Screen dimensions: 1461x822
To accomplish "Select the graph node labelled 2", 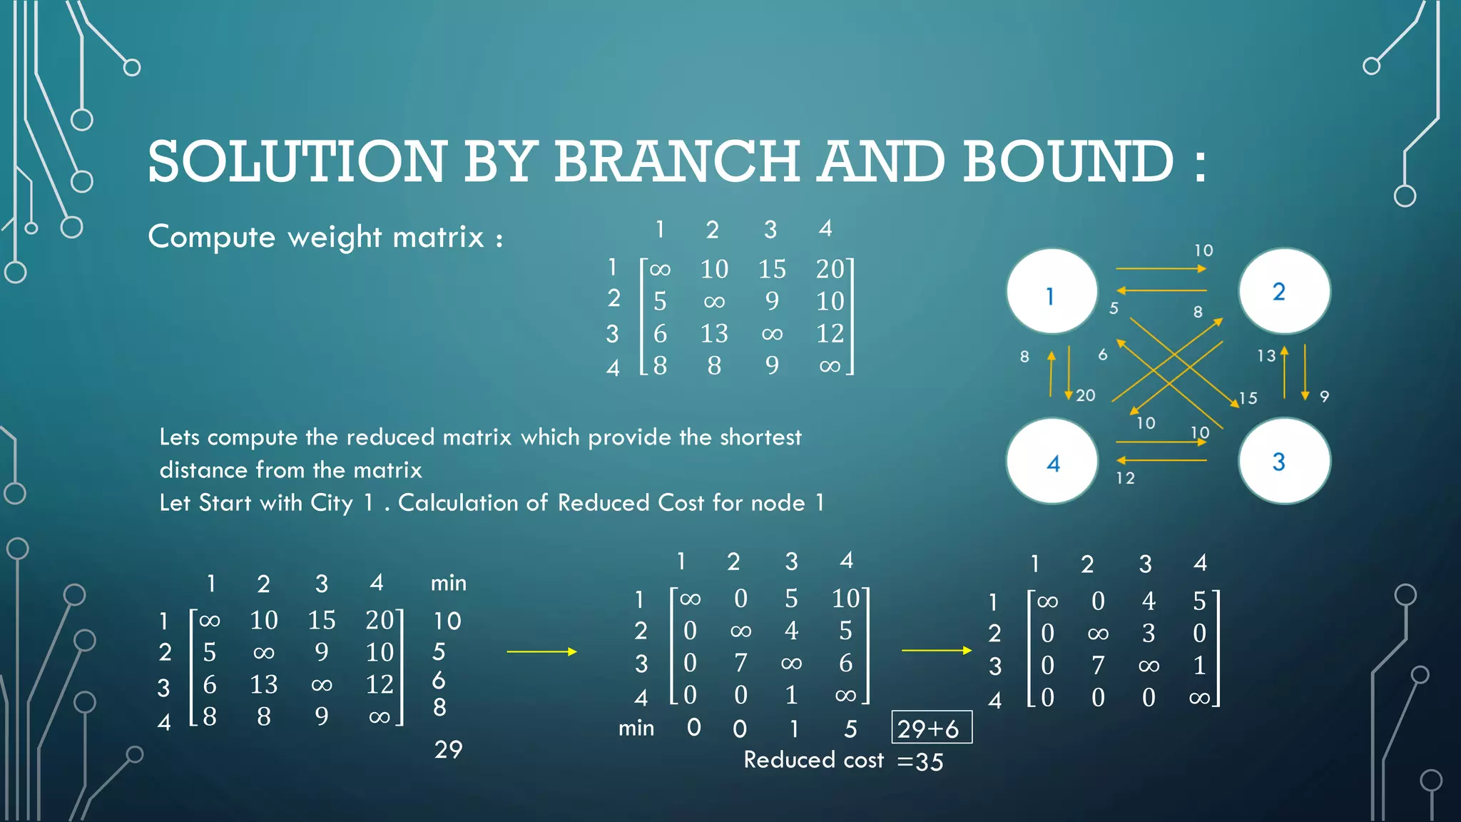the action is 1283,291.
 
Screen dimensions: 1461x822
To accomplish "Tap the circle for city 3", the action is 1283,461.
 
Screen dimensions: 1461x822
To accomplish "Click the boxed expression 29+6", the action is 931,728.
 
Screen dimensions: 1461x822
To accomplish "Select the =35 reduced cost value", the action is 920,762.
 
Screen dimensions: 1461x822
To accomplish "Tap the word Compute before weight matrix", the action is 211,237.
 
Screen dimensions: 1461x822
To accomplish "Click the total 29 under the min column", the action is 448,749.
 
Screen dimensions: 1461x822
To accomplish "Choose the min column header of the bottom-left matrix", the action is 448,584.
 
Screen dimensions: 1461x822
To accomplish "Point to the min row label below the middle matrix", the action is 636,729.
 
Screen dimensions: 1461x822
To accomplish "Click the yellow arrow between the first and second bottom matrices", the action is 541,651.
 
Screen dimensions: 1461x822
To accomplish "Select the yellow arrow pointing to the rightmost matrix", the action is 936,650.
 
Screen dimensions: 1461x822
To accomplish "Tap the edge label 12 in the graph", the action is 1125,478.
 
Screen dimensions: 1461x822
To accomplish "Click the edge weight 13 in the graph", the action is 1266,355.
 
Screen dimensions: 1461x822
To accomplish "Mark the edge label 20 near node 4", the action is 1085,395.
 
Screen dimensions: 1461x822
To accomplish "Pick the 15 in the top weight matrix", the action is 772,269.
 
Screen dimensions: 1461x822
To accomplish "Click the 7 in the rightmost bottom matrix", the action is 1098,666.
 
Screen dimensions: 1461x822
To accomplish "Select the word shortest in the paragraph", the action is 760,437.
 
